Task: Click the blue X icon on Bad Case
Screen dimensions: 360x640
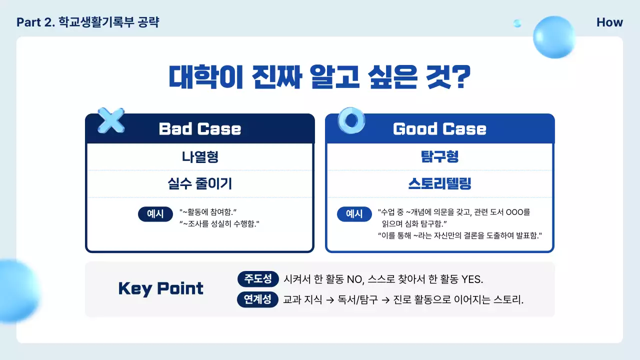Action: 111,120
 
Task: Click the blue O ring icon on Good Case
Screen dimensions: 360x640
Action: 351,120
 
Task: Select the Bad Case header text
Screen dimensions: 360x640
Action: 199,129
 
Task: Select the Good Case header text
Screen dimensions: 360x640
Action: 439,129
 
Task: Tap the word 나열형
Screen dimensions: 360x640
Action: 199,157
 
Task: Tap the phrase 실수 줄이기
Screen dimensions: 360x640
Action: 199,184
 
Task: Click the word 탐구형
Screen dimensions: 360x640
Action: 439,157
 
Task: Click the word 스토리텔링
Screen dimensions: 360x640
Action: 439,184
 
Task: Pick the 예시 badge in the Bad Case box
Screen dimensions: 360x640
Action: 155,214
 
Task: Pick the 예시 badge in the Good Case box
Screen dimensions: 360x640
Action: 354,214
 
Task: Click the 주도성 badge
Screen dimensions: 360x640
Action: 258,278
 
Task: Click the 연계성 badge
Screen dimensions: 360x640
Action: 258,299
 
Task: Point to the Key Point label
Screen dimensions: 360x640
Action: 160,288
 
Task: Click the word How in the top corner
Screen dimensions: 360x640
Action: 609,22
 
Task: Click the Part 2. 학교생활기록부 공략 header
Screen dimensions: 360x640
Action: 87,22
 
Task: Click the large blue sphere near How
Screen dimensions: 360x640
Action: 554,36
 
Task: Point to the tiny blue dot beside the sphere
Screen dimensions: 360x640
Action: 517,23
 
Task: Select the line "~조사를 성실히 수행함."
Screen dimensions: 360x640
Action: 219,223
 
